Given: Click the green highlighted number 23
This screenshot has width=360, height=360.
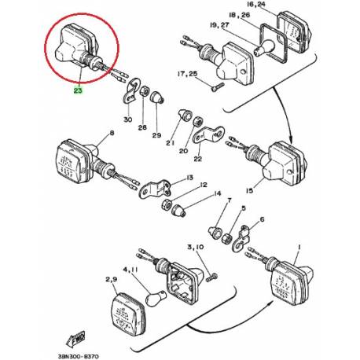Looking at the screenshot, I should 78,90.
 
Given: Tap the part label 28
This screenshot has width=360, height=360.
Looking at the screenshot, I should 142,127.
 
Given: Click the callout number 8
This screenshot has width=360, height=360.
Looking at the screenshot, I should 112,134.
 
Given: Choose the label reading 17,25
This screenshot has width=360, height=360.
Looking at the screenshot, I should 190,73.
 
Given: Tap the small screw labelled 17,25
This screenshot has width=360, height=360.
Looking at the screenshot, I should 220,86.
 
